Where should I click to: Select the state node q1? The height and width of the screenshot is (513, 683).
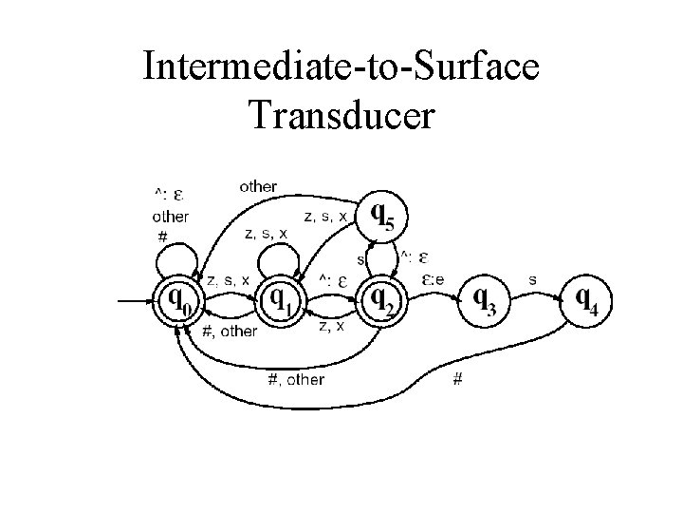pos(280,302)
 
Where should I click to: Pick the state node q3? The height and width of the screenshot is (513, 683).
pos(485,302)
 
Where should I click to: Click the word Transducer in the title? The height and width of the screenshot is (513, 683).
pos(341,113)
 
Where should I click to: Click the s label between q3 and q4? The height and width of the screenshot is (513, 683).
pos(532,279)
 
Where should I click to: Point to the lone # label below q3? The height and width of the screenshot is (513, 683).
pos(458,380)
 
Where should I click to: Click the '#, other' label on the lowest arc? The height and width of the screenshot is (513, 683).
pos(296,379)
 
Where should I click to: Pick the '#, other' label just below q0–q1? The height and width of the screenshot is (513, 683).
pos(230,331)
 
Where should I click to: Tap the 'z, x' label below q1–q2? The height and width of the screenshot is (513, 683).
pos(331,326)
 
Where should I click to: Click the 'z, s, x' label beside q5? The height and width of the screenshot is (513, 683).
pos(326,217)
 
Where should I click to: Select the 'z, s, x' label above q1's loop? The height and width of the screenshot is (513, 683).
pos(266,233)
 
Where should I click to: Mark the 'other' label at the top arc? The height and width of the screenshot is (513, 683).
pos(258,186)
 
